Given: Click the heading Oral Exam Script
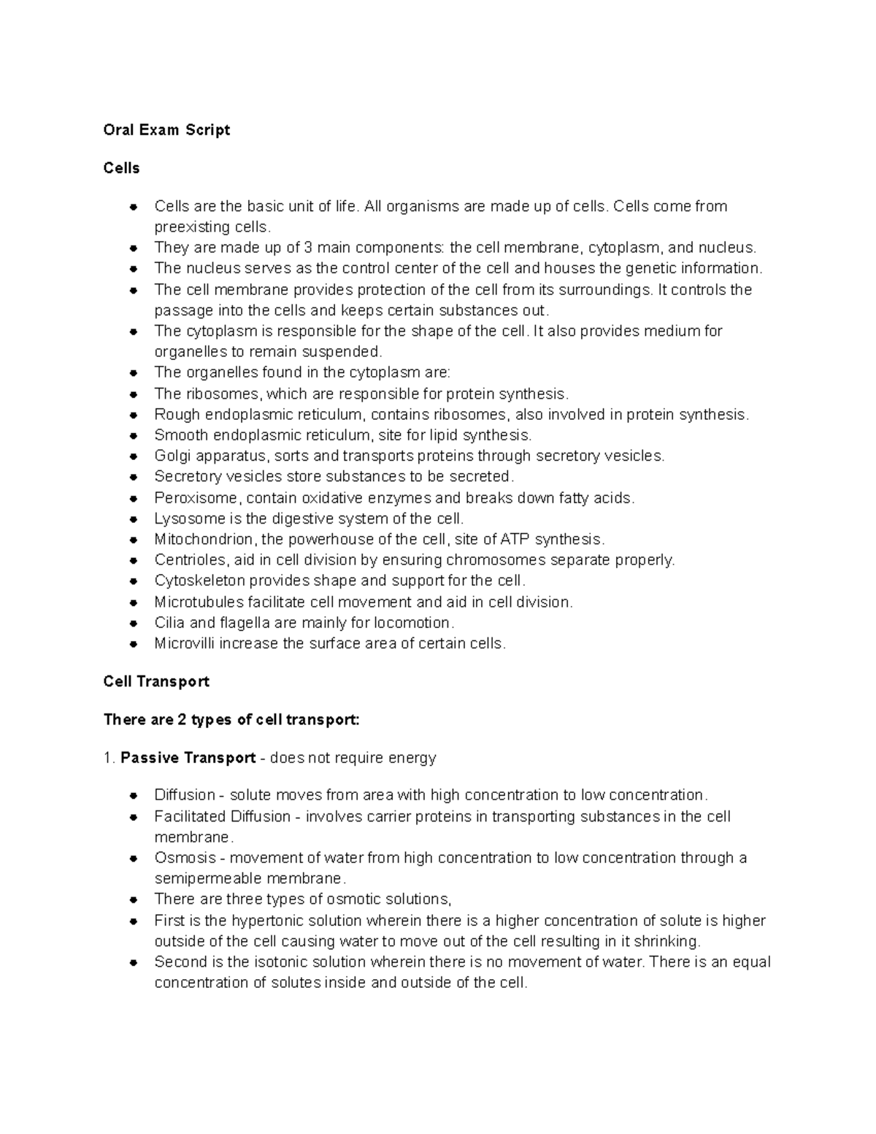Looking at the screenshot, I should click(166, 130).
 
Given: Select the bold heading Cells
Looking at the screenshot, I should click(121, 168).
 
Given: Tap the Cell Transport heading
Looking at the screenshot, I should click(156, 681).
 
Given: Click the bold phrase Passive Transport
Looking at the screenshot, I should click(188, 757).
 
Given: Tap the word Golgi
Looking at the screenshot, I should click(171, 456).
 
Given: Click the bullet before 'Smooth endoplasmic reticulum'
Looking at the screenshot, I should click(133, 436).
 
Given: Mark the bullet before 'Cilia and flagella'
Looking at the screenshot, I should click(133, 624).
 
